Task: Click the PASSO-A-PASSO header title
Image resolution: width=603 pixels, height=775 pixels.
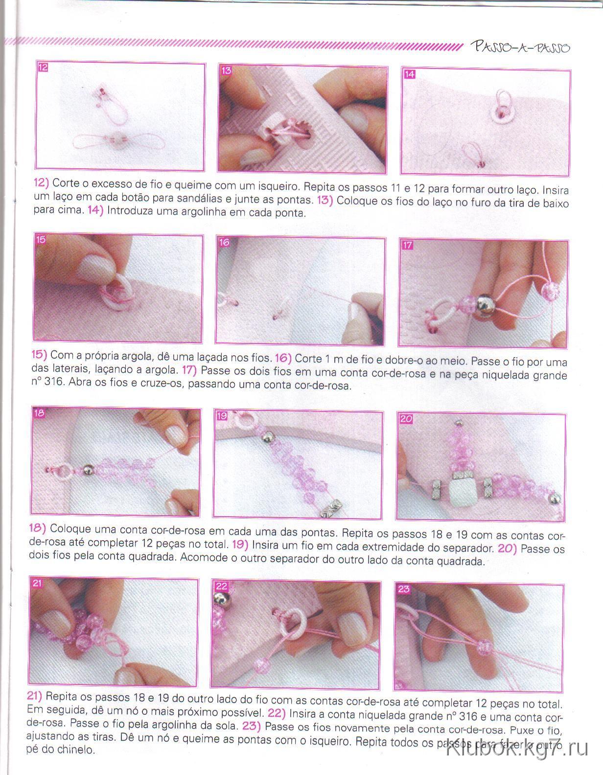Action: [520, 46]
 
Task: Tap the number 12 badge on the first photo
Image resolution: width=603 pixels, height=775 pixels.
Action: [43, 68]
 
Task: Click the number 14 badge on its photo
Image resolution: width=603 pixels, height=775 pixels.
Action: [409, 74]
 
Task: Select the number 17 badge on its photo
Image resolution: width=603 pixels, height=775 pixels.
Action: [408, 245]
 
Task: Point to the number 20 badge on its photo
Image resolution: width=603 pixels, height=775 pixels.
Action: [406, 419]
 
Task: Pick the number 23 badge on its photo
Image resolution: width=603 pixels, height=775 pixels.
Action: [403, 589]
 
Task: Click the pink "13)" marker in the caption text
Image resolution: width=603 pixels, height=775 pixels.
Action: [325, 200]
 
